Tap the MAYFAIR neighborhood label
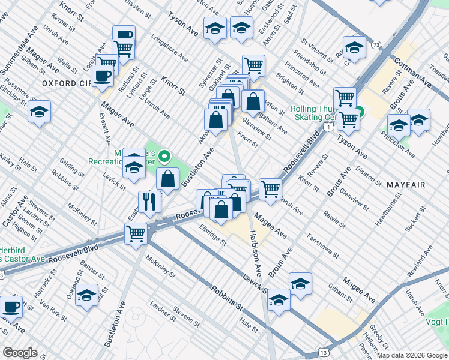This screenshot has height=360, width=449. click(x=406, y=184)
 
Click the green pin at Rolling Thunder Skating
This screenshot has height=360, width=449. click(x=359, y=112)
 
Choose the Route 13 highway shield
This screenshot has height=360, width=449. click(x=324, y=353)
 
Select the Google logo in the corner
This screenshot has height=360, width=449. click(x=20, y=352)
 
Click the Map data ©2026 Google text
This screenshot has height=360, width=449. click(x=411, y=355)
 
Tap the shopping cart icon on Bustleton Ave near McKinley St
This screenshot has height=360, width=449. click(x=136, y=233)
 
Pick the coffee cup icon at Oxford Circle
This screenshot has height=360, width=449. click(x=103, y=76)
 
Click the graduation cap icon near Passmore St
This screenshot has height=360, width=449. click(x=39, y=112)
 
